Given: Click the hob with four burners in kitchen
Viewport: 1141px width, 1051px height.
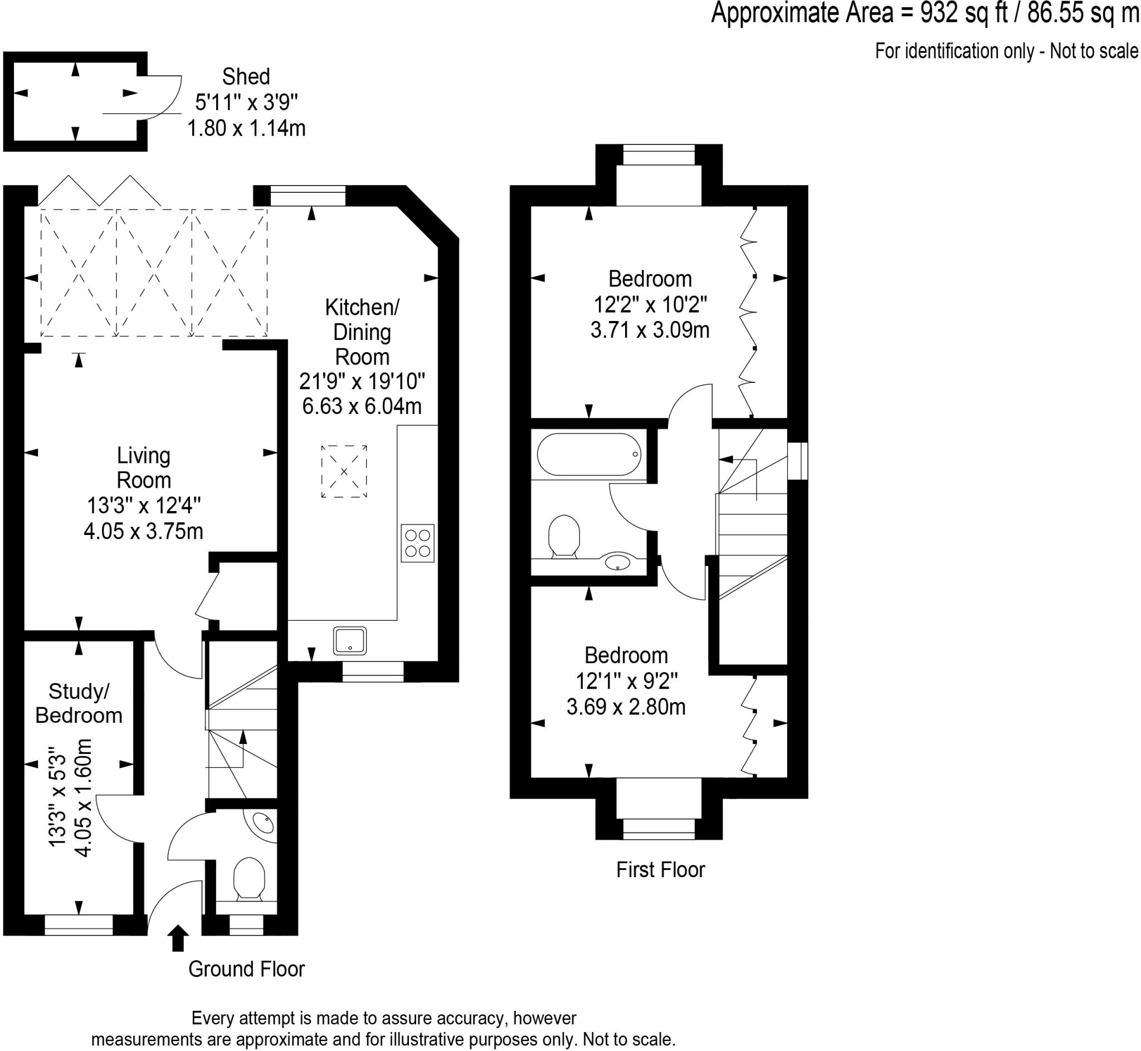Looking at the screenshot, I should (417, 543).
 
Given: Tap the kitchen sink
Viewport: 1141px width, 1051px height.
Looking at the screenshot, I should (350, 640).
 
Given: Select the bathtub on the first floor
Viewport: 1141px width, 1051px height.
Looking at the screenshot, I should (589, 454).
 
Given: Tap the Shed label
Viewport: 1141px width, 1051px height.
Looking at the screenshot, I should (246, 77).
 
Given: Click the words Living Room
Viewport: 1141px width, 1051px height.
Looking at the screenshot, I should (143, 468).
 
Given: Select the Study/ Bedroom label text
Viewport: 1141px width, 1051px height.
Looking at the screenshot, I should (79, 703).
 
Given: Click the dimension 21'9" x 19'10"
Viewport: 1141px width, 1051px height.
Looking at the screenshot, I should (362, 381).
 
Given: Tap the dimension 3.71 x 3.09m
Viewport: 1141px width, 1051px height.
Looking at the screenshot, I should (650, 330).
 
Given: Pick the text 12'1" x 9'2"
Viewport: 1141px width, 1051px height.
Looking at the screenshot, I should (626, 680).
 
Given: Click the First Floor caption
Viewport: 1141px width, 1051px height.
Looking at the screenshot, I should (660, 869).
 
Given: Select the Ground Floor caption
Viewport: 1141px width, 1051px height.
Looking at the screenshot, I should (246, 969).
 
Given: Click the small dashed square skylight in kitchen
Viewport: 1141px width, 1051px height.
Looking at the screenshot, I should (344, 471).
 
